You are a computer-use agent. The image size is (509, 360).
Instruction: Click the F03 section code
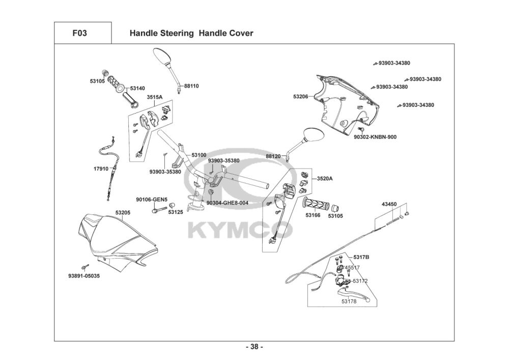(79, 33)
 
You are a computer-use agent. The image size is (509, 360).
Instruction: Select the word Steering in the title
(178, 34)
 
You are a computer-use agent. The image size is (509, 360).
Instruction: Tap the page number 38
(254, 347)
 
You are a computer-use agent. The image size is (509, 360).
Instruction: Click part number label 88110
(191, 86)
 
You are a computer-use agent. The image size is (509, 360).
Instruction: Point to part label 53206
(301, 97)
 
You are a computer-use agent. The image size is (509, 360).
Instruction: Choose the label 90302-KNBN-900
(375, 137)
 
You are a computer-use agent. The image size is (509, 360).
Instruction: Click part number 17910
(101, 169)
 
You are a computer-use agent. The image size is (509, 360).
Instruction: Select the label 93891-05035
(84, 276)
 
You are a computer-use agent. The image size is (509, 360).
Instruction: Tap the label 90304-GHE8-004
(227, 203)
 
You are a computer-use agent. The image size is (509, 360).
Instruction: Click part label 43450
(389, 204)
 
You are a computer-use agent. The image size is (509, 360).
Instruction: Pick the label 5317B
(361, 257)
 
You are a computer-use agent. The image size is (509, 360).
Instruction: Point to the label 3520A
(325, 179)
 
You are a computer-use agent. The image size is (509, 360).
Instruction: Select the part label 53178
(349, 301)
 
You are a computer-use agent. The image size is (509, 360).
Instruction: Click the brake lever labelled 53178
(354, 294)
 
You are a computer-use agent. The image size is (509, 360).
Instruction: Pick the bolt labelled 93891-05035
(86, 267)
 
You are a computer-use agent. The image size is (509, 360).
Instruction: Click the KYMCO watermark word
(241, 230)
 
